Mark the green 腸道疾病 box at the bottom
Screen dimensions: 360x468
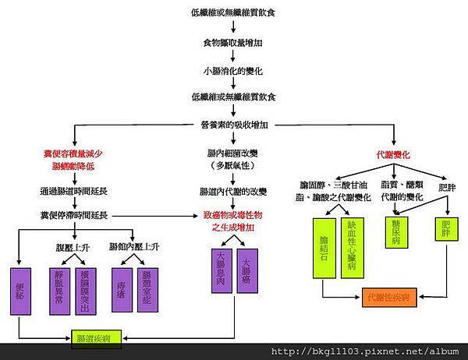coord(94,338)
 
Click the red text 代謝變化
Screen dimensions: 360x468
coord(393,154)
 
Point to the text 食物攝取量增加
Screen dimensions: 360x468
coord(232,44)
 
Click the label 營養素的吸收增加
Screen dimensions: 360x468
coord(234,124)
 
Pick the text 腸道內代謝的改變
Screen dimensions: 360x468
coord(232,191)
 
